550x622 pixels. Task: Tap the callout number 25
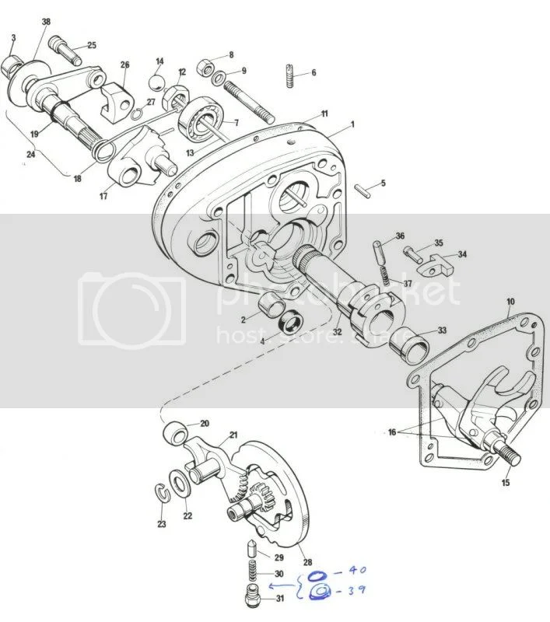pos(92,46)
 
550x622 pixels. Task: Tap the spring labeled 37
pos(384,273)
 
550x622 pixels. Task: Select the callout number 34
pos(462,254)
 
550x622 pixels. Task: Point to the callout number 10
pos(510,300)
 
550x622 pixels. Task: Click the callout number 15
pos(507,483)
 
